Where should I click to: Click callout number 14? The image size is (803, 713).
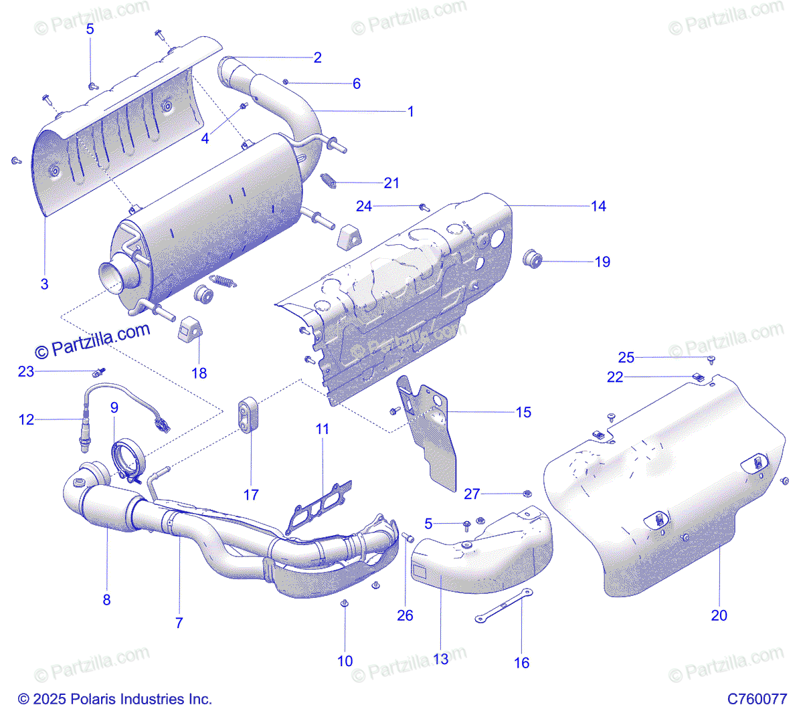598,207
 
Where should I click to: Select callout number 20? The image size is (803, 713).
719,615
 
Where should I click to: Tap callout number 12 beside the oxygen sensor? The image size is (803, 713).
26,420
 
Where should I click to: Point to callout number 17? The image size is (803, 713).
251,495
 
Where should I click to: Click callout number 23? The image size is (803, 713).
25,371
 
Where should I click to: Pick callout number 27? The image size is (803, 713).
472,494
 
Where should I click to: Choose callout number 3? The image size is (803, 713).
44,284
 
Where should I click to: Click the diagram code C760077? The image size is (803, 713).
757,699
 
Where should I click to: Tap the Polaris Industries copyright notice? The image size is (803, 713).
114,699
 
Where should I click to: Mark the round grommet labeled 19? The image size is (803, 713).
532,259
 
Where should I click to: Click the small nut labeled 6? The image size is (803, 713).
286,82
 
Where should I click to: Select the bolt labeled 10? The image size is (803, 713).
345,603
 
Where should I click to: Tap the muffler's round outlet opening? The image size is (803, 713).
114,276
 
